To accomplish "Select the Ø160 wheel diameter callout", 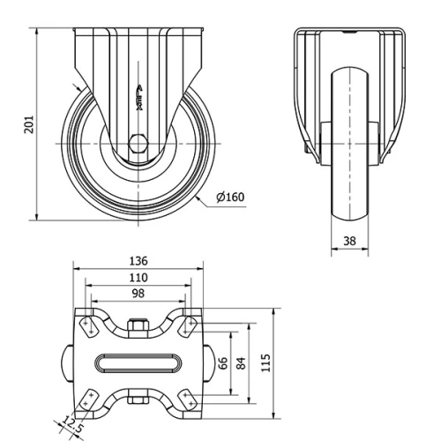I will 228,198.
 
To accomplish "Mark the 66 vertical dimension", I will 224,362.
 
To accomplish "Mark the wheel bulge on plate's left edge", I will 67,363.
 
